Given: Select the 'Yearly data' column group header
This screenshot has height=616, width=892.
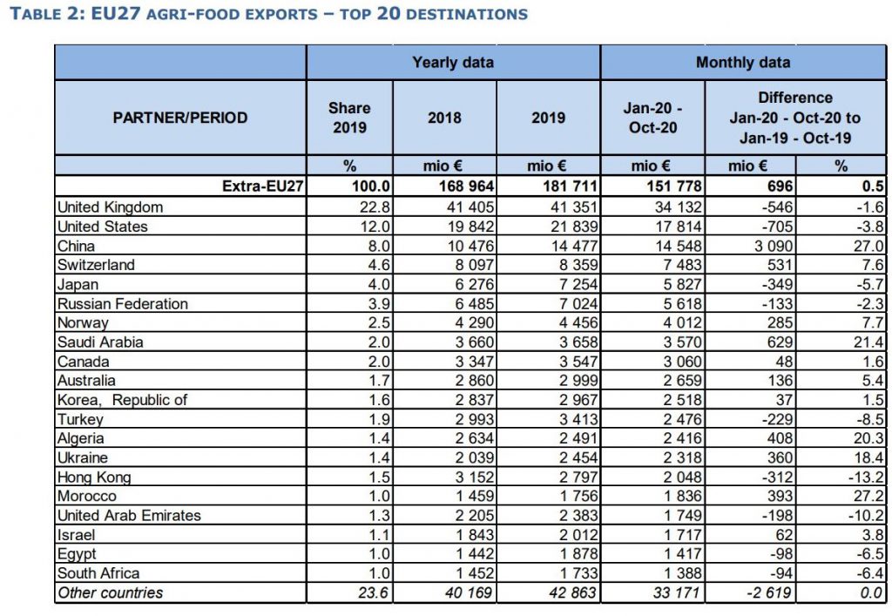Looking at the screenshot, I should (x=452, y=62).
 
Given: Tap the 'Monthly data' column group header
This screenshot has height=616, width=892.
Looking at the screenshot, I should (x=742, y=62).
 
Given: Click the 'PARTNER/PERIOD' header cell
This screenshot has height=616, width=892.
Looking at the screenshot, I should (x=180, y=118).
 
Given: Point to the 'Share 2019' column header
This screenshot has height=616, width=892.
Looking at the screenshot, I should (x=348, y=118).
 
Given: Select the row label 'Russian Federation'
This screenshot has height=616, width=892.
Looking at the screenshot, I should (x=122, y=303).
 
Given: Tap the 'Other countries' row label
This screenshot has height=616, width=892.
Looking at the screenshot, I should (x=110, y=592).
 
